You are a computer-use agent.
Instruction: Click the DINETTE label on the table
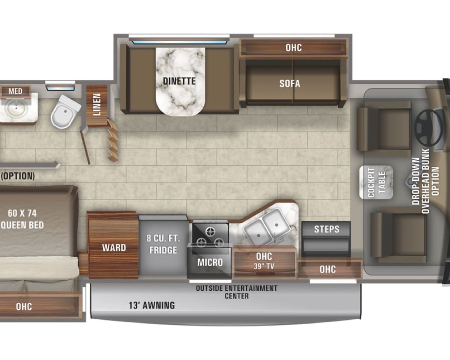(180, 82)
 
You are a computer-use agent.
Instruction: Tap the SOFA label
(290, 83)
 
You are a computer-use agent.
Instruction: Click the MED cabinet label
(15, 91)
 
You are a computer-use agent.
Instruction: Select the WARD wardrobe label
(114, 248)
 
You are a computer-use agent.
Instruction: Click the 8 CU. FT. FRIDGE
(162, 245)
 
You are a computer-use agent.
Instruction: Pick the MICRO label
(210, 262)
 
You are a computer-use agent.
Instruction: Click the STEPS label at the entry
(326, 229)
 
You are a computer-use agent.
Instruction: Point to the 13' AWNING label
(151, 305)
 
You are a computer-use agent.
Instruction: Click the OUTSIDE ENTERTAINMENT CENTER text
(236, 292)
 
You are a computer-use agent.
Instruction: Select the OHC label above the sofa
(293, 48)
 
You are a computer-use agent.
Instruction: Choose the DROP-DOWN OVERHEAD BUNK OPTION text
(426, 186)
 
